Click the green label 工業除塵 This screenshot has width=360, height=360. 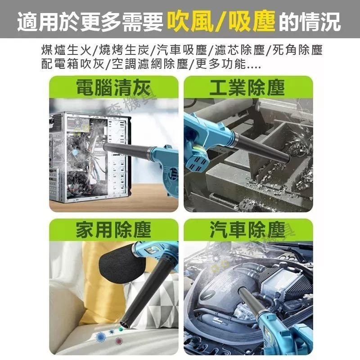(247, 87)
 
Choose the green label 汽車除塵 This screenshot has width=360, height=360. (247, 230)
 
